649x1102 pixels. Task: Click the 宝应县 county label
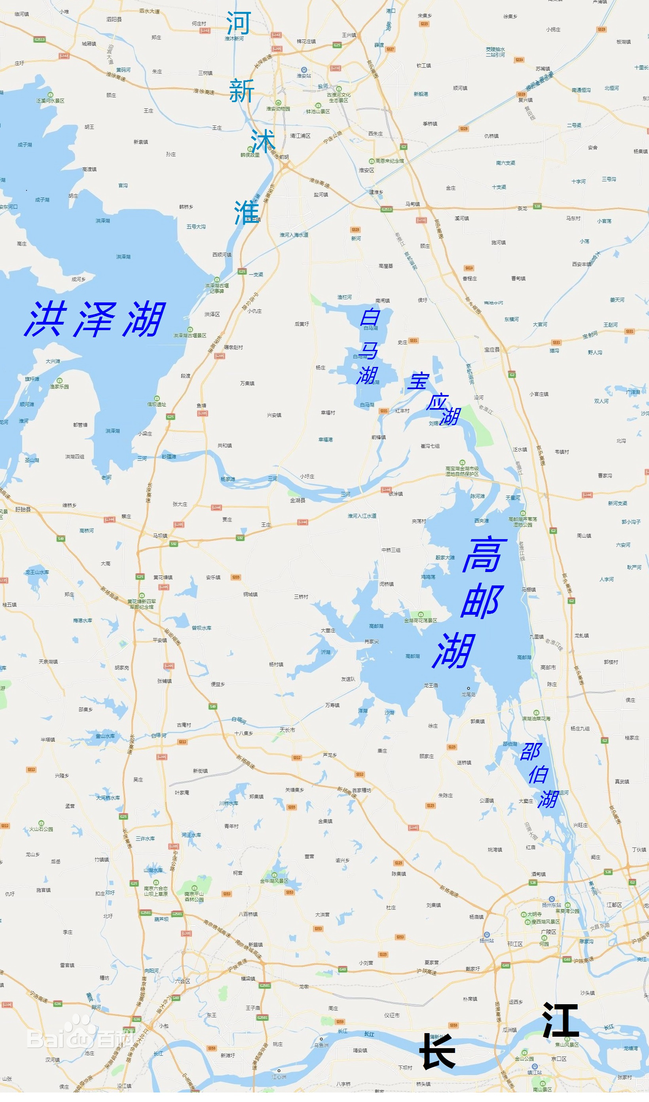(491, 350)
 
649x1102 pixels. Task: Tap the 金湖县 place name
(298, 500)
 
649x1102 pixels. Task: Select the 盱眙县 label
(23, 509)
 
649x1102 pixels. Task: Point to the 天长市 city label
(287, 730)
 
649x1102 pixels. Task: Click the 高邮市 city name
(548, 667)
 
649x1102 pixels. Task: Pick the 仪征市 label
(391, 1015)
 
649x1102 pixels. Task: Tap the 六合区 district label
(183, 981)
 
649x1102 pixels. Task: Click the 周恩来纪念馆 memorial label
(389, 161)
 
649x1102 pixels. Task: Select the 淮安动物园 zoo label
(278, 108)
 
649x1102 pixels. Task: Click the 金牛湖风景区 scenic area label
(274, 881)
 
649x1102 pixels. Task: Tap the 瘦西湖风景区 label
(545, 922)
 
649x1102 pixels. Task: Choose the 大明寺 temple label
(534, 914)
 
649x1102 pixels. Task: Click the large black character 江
(560, 1020)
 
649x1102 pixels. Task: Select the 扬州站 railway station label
(486, 940)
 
